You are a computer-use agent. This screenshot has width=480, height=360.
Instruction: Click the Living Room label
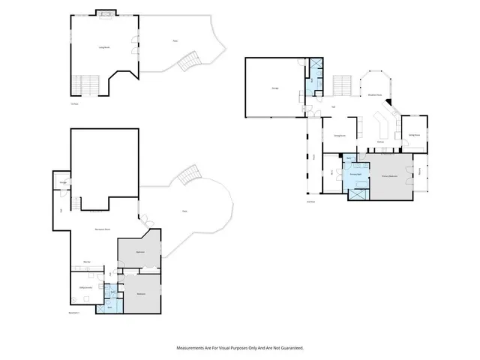tap(104, 47)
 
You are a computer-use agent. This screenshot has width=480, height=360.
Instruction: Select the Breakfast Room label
tap(374, 95)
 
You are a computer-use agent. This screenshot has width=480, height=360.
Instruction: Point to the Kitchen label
tap(380, 140)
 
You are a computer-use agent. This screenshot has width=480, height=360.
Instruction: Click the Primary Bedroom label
tap(388, 176)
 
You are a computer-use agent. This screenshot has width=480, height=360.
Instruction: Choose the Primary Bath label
tap(355, 174)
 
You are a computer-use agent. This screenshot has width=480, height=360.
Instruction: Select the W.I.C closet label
tap(331, 173)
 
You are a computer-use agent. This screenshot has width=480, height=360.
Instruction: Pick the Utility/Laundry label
tap(85, 287)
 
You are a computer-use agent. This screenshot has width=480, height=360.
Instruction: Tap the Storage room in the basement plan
tap(64, 181)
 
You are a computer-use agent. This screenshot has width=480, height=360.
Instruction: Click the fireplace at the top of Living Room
tap(105, 13)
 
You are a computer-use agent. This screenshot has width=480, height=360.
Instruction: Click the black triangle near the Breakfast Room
tap(388, 107)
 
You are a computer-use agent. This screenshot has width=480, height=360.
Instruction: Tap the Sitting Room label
tap(412, 134)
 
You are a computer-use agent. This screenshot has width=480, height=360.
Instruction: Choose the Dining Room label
tap(339, 136)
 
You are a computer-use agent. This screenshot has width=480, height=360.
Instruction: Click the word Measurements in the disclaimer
tap(191, 348)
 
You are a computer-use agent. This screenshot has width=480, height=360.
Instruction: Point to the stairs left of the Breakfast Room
tap(342, 83)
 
